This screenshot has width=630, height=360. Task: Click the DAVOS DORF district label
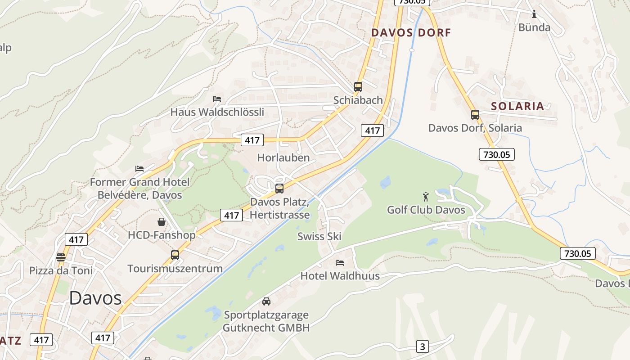pyautogui.click(x=410, y=32)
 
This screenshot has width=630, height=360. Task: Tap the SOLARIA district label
pyautogui.click(x=517, y=106)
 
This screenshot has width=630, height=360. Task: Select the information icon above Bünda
pyautogui.click(x=534, y=14)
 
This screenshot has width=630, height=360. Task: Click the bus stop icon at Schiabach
pyautogui.click(x=358, y=87)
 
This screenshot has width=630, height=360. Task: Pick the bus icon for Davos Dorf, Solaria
pyautogui.click(x=475, y=115)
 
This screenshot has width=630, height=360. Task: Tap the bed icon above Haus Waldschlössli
pyautogui.click(x=217, y=99)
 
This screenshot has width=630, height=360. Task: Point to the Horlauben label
pyautogui.click(x=283, y=157)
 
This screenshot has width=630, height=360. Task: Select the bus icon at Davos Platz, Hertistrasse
pyautogui.click(x=279, y=189)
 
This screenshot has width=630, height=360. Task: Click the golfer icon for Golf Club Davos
pyautogui.click(x=426, y=197)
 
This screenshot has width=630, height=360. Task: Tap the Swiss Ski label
pyautogui.click(x=319, y=236)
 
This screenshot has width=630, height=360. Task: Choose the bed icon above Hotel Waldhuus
pyautogui.click(x=340, y=262)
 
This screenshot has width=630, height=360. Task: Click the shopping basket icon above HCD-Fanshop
pyautogui.click(x=162, y=222)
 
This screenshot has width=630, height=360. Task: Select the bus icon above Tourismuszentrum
pyautogui.click(x=175, y=255)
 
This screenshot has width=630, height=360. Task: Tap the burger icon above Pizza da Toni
pyautogui.click(x=61, y=257)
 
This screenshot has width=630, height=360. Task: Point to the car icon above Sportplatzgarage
pyautogui.click(x=266, y=301)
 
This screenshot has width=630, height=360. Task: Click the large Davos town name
pyautogui.click(x=95, y=298)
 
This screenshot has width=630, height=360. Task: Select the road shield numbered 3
pyautogui.click(x=422, y=346)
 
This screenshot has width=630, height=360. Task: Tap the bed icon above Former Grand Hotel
pyautogui.click(x=139, y=169)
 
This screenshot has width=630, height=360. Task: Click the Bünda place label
pyautogui.click(x=534, y=27)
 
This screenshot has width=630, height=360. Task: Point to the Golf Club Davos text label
pyautogui.click(x=426, y=210)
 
